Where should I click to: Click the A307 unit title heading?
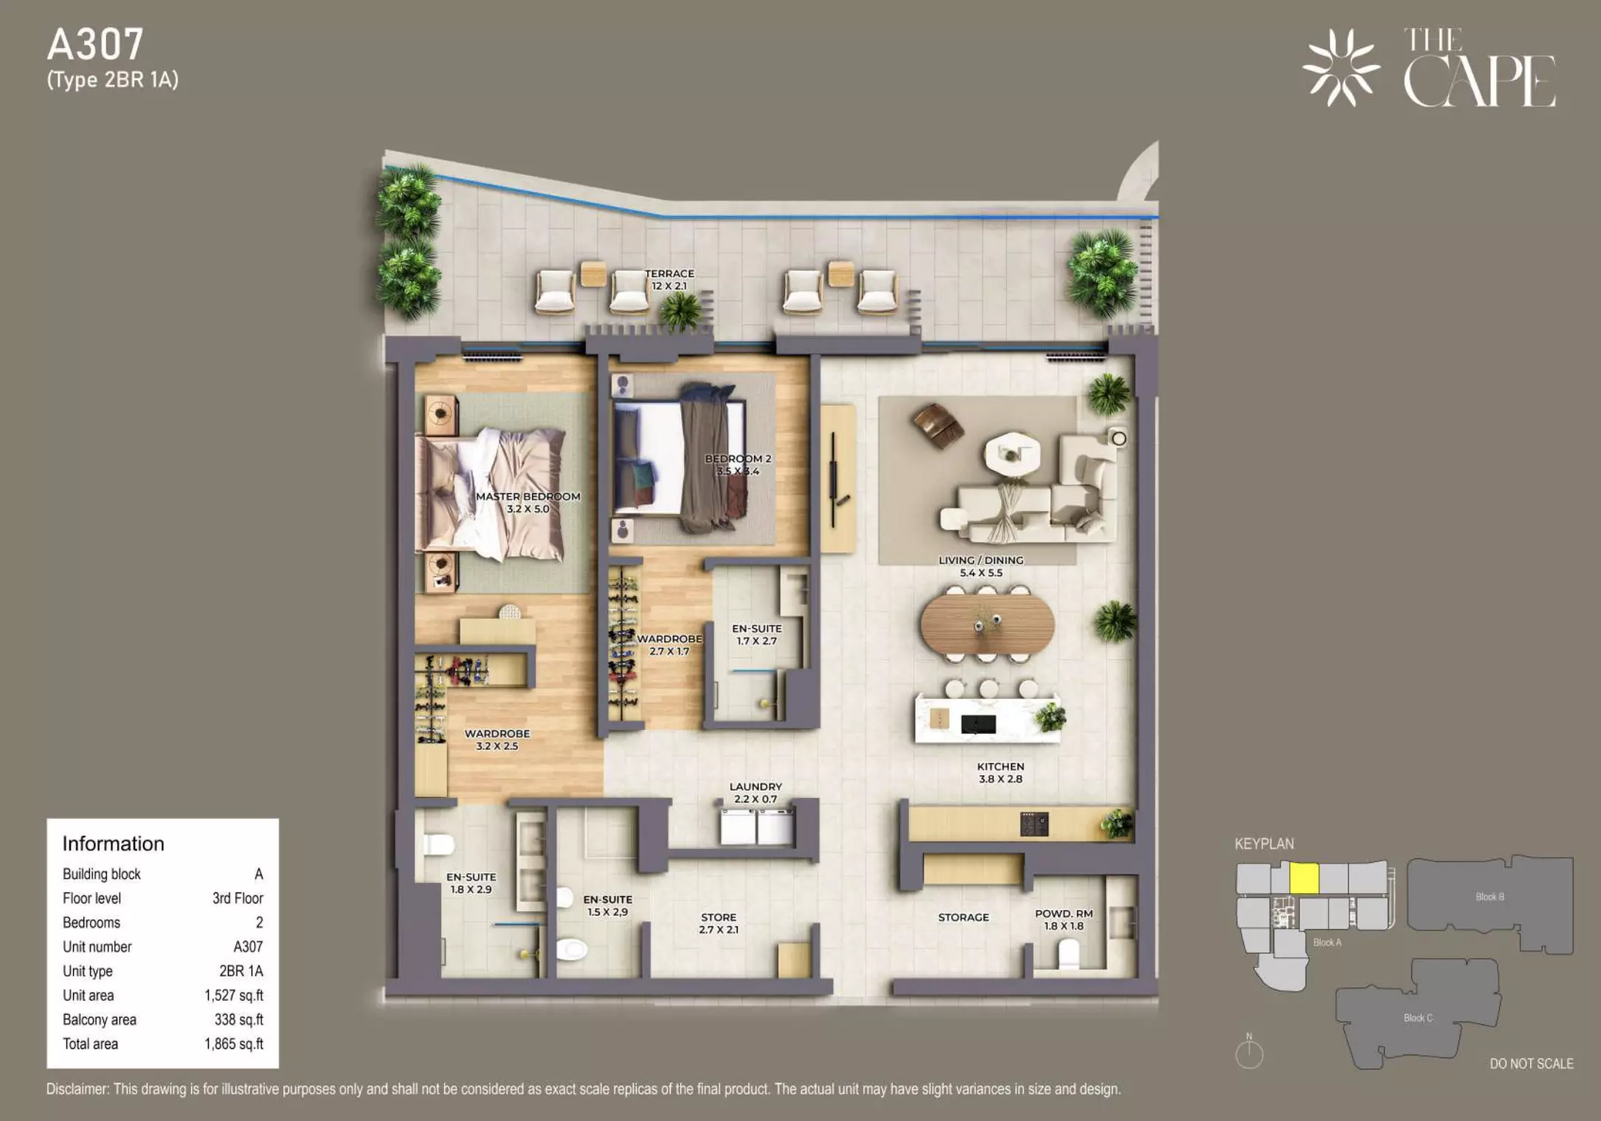(95, 44)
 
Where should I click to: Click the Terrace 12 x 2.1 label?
(669, 280)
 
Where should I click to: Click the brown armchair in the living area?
(937, 425)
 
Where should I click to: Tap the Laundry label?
(755, 787)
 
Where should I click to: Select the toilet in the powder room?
(1068, 956)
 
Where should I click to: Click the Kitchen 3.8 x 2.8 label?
(1000, 773)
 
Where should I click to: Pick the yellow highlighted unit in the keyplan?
(1304, 878)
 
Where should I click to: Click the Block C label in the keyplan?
(1417, 1018)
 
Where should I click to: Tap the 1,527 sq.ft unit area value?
(234, 996)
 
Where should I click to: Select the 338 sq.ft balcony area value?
(239, 1020)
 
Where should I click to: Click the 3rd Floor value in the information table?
(238, 898)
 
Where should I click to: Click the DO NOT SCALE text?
(1532, 1063)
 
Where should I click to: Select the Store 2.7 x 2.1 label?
(719, 923)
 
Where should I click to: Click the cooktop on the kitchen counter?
(1034, 824)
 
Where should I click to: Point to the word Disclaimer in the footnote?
(77, 1089)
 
